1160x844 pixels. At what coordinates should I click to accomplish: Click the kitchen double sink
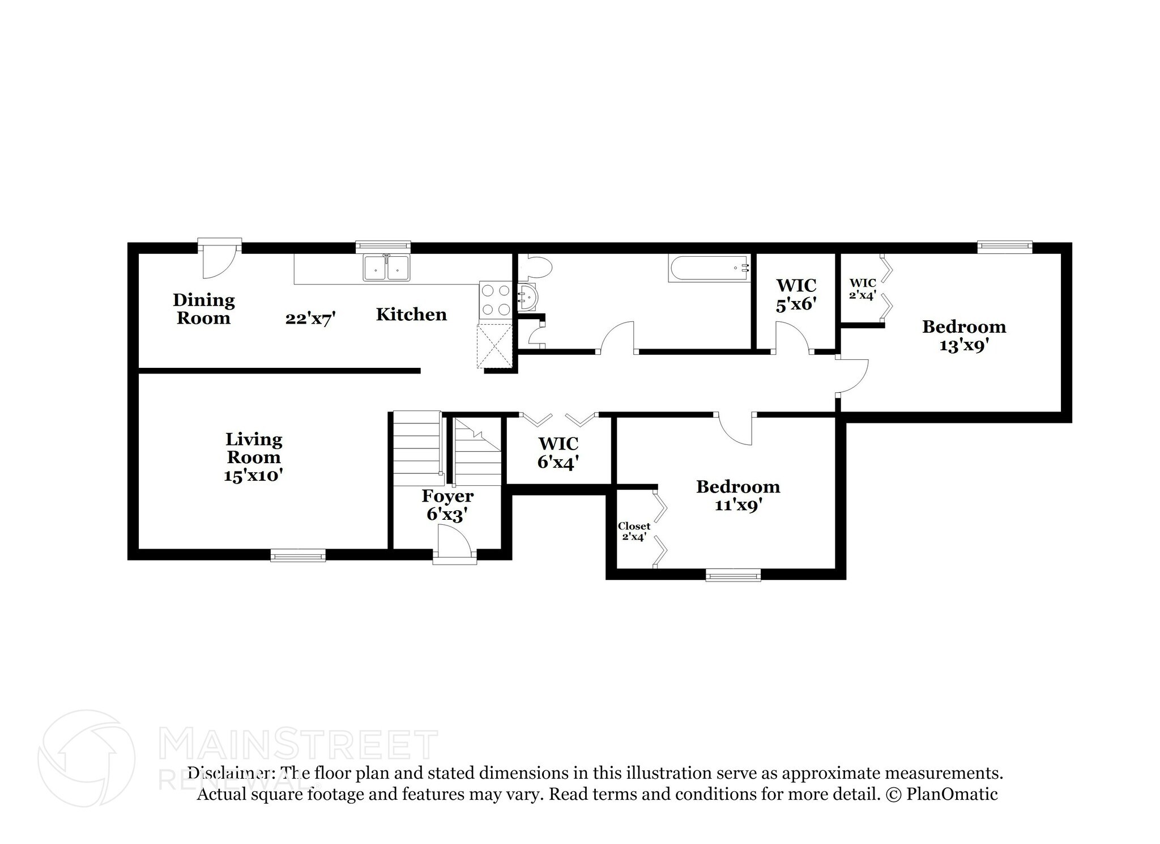click(x=387, y=268)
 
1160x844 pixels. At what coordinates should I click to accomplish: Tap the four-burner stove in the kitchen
click(x=495, y=299)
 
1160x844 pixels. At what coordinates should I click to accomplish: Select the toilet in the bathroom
click(x=535, y=267)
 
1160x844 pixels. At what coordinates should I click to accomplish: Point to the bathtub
click(x=708, y=267)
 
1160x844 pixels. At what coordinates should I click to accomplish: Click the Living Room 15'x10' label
click(x=253, y=457)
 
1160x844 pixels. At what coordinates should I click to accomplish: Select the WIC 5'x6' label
click(x=796, y=294)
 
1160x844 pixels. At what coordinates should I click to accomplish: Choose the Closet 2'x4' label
click(x=634, y=531)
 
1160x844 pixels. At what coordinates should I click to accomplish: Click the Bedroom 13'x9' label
click(x=964, y=335)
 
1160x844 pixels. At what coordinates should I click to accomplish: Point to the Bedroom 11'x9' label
click(x=738, y=495)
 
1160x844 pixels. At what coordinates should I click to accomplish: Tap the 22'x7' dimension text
click(x=310, y=319)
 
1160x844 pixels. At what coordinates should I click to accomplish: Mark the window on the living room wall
click(x=298, y=555)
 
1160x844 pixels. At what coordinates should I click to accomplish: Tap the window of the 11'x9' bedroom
click(x=733, y=575)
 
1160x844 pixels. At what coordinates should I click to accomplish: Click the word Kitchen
click(x=411, y=315)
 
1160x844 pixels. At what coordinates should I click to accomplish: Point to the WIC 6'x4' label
click(x=558, y=452)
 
